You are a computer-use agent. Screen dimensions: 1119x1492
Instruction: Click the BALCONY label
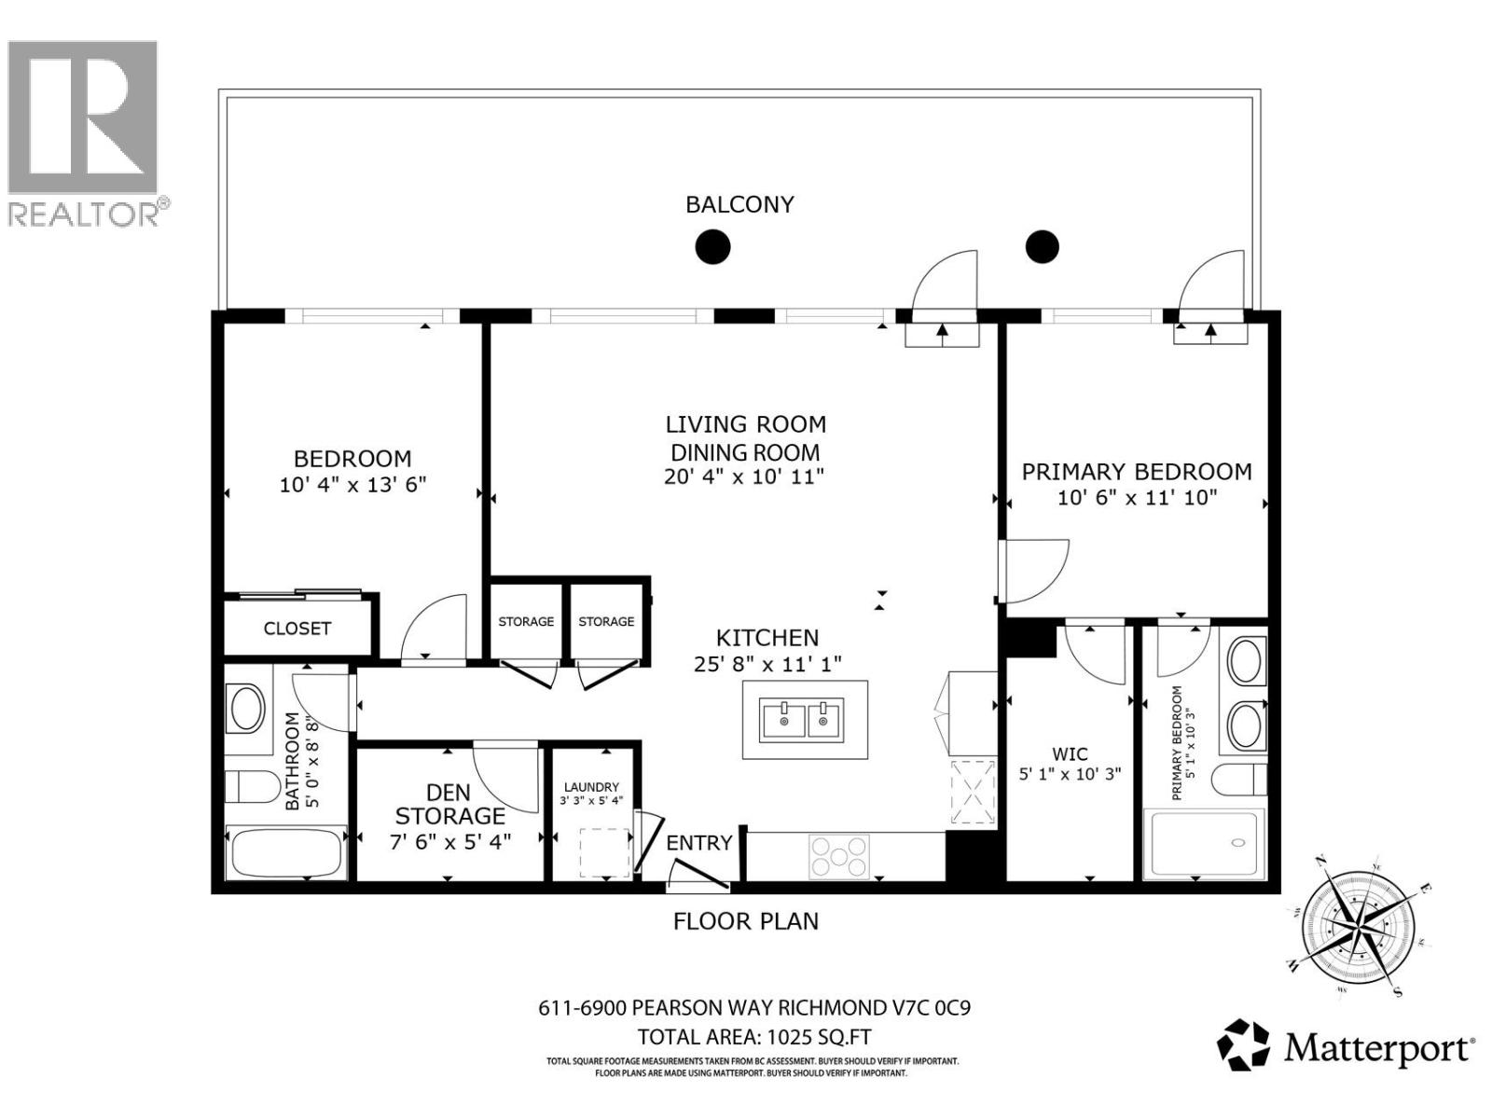(x=739, y=204)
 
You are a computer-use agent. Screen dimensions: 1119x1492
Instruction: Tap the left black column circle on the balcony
(x=712, y=247)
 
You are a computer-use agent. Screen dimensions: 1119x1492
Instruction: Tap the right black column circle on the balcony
(x=1043, y=246)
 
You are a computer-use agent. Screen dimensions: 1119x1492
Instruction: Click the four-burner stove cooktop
(x=839, y=856)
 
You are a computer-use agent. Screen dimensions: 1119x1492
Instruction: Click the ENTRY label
(x=698, y=843)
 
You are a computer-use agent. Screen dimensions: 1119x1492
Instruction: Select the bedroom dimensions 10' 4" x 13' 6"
(x=352, y=485)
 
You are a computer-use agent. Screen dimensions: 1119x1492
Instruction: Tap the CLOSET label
(x=297, y=629)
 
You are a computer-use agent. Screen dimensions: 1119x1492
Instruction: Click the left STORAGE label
(x=526, y=621)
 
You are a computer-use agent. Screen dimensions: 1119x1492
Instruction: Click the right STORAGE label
(x=606, y=621)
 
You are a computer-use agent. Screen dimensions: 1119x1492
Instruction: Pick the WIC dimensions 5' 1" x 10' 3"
(x=1070, y=774)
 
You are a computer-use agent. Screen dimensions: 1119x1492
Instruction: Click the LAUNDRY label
(x=591, y=787)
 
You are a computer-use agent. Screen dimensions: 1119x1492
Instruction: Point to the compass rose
(x=1356, y=926)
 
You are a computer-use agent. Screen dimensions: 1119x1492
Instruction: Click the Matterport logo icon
(x=1244, y=1045)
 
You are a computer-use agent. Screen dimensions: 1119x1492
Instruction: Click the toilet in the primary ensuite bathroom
(x=1238, y=779)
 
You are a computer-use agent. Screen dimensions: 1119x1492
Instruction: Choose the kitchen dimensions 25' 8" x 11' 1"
(x=767, y=664)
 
